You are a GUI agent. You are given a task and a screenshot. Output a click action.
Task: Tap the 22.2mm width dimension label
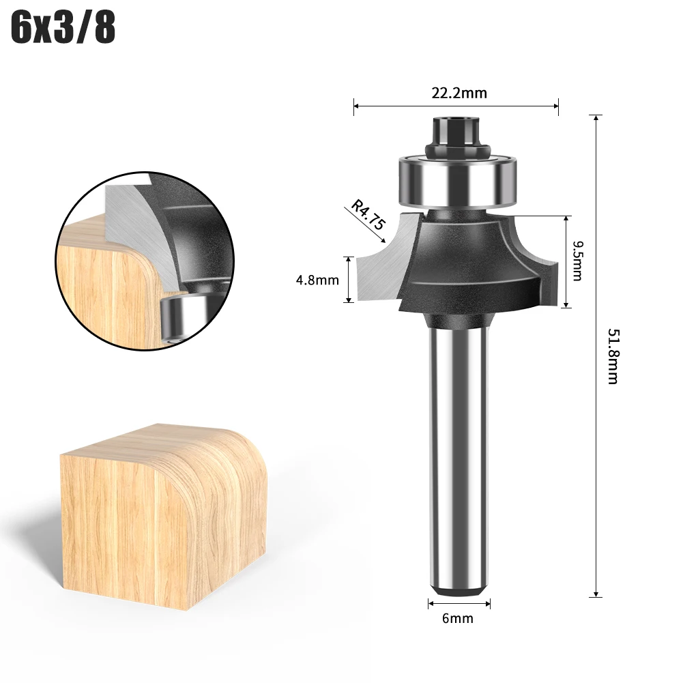(x=459, y=93)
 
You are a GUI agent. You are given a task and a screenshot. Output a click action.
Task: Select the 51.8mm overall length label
(x=612, y=355)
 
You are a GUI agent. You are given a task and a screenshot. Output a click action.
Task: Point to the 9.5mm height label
(x=577, y=261)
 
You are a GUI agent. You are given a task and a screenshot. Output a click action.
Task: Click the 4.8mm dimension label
(x=318, y=280)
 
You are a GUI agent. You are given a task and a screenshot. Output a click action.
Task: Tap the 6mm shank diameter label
(x=458, y=619)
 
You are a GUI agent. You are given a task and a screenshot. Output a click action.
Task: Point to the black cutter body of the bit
(x=464, y=266)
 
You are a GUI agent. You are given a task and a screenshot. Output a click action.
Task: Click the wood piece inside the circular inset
(x=109, y=287)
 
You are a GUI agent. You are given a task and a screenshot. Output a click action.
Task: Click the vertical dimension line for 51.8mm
(x=597, y=355)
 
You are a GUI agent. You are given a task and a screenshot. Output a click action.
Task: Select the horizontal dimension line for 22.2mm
(x=456, y=106)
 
